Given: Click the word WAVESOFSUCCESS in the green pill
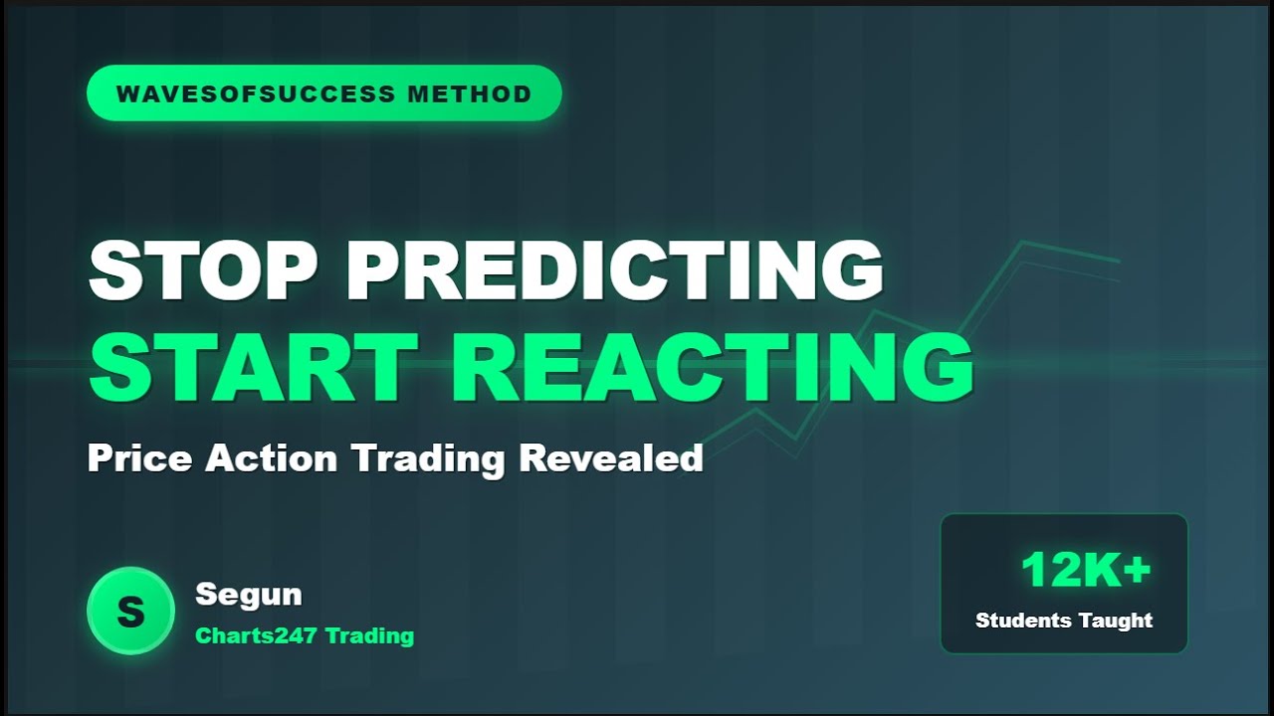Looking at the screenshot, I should pyautogui.click(x=255, y=94).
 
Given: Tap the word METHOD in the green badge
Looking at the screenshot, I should pyautogui.click(x=470, y=94).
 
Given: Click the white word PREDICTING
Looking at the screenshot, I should pyautogui.click(x=614, y=270).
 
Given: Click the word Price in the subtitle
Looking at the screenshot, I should pyautogui.click(x=139, y=458).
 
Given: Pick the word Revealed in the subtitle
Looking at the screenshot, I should pyautogui.click(x=611, y=458).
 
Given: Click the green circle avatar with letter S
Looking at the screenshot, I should pyautogui.click(x=130, y=611).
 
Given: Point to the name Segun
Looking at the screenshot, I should pyautogui.click(x=248, y=595).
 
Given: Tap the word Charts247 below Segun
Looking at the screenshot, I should pyautogui.click(x=256, y=635).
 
